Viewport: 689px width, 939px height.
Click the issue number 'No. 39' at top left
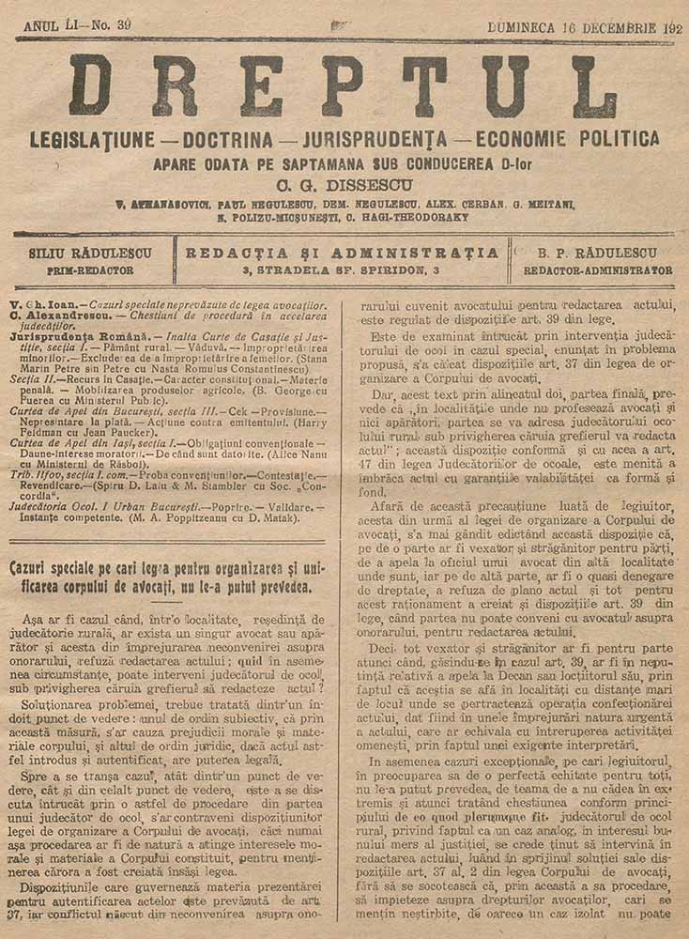[110, 25]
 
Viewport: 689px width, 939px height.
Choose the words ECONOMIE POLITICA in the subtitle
[568, 139]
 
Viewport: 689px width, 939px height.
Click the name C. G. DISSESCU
[344, 185]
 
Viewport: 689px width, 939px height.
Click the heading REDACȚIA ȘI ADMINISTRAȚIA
[343, 253]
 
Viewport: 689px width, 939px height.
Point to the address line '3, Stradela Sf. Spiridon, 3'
[342, 270]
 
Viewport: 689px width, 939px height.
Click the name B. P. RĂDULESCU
[597, 253]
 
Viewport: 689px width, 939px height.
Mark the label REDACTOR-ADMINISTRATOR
[598, 270]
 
